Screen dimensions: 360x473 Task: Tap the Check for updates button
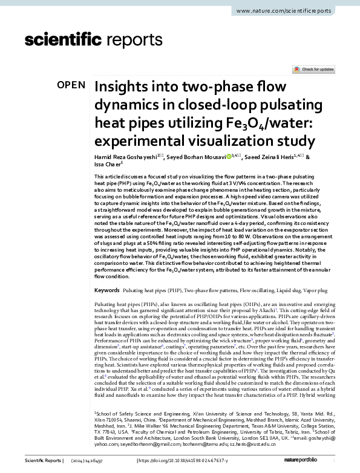click(313, 70)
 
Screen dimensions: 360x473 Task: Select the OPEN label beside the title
click(70, 85)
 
